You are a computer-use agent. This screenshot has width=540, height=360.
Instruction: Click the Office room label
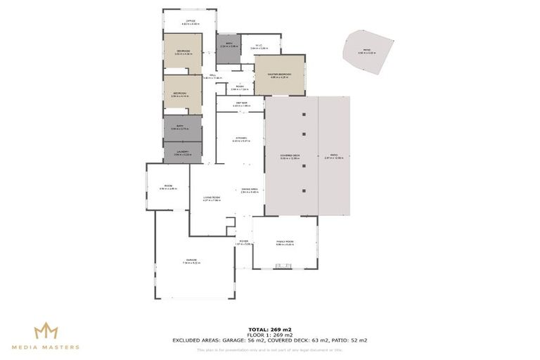click(190, 22)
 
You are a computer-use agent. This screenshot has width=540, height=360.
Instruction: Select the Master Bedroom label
click(280, 76)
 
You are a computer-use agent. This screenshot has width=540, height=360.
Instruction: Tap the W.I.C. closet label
click(259, 47)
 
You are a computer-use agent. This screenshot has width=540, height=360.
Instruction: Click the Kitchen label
click(240, 139)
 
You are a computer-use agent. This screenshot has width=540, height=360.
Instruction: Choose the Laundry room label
click(182, 152)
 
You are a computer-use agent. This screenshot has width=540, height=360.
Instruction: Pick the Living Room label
click(212, 198)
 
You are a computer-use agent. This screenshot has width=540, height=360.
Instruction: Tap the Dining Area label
click(250, 190)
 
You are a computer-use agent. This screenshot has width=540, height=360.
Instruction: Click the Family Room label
click(284, 243)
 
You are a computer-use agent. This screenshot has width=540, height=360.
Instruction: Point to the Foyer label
click(243, 243)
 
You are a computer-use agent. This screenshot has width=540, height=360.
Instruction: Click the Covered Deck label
click(290, 157)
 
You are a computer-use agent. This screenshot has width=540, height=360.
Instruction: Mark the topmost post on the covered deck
click(304, 112)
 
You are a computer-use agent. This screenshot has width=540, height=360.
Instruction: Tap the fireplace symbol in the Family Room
click(284, 265)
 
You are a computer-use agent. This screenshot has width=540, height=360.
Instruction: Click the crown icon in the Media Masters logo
click(46, 330)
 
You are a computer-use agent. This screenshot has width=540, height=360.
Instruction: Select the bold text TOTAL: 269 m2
click(269, 329)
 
